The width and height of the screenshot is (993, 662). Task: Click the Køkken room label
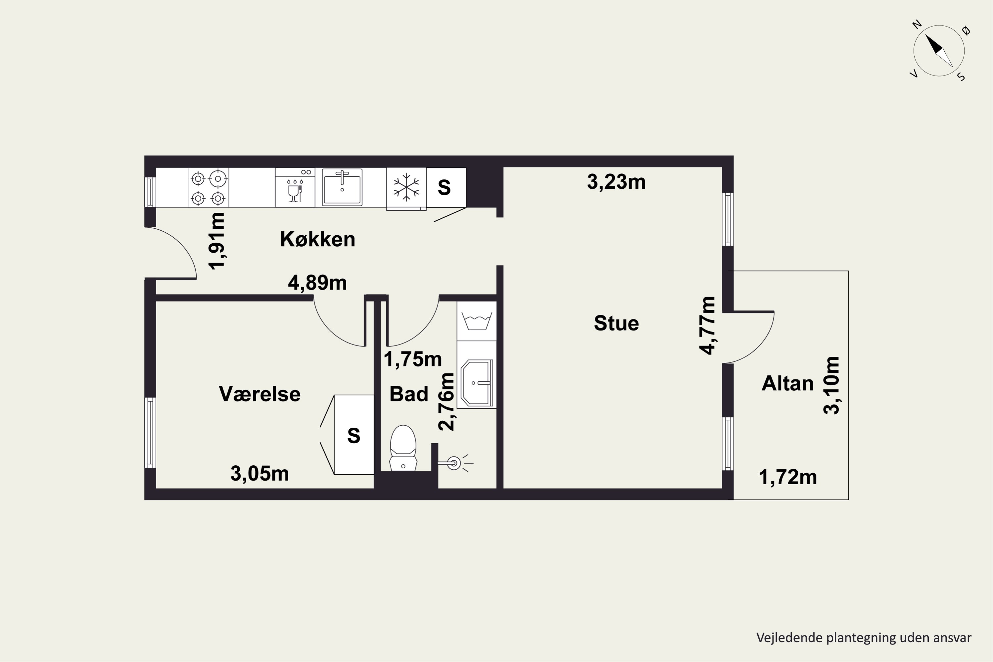coord(317,239)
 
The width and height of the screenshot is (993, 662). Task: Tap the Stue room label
coord(616,323)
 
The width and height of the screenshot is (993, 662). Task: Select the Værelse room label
coord(260,394)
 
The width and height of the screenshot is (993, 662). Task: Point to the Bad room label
coord(409,394)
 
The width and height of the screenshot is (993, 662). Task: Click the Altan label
coord(787,384)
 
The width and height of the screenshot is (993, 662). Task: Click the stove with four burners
coord(209,187)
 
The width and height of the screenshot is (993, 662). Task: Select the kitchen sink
coord(342,187)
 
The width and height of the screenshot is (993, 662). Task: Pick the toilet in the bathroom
coord(403,448)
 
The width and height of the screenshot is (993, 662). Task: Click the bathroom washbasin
coord(477,383)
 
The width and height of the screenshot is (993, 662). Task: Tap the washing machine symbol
coord(477,321)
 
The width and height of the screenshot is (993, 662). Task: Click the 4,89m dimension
coord(317,283)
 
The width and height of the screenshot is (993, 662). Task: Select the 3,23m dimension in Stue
coord(616,182)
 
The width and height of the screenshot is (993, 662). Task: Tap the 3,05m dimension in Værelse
coord(260,474)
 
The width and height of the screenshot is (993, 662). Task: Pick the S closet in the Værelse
coord(354,435)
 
